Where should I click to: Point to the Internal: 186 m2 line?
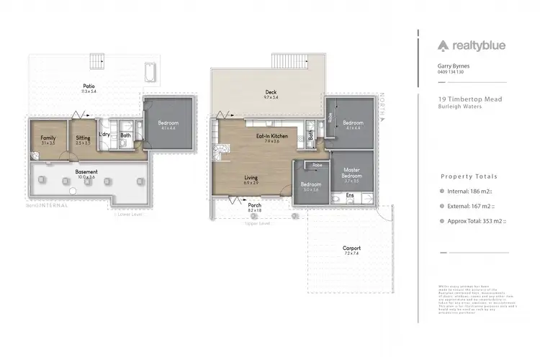[469, 191]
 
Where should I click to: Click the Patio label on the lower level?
[89, 85]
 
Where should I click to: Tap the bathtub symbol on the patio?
[150, 72]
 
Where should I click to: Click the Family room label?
[48, 138]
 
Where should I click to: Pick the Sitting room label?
[83, 138]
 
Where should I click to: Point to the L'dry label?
[105, 135]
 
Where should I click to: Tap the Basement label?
[87, 172]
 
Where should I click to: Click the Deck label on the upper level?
[271, 92]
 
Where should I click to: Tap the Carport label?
[351, 250]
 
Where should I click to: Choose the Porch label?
[255, 204]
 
